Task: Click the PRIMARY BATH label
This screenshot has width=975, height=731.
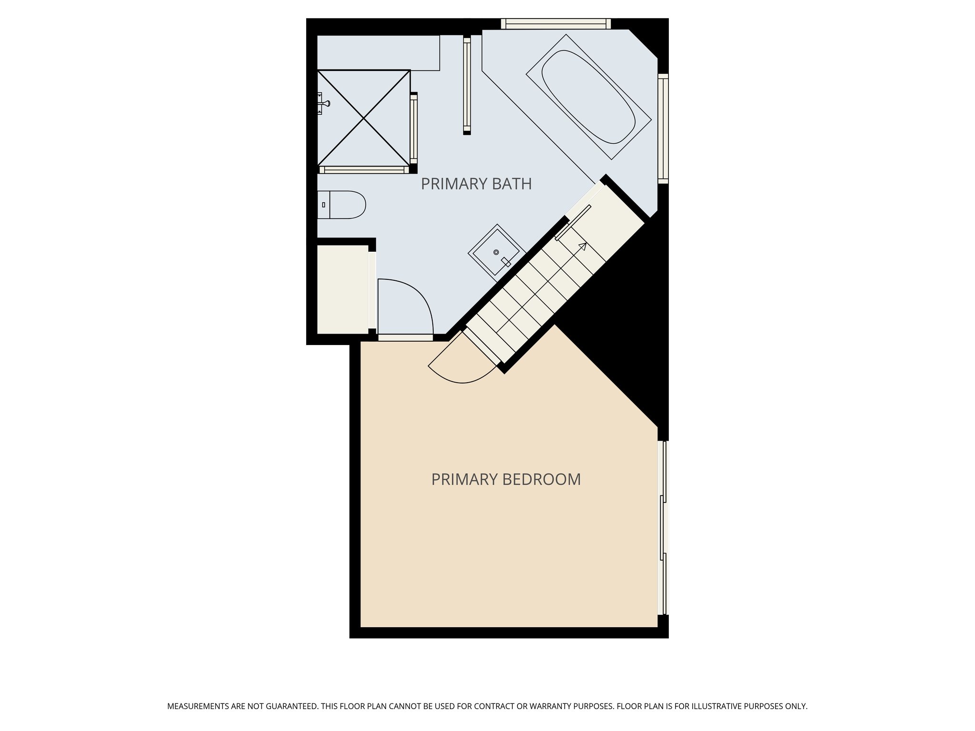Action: [476, 184]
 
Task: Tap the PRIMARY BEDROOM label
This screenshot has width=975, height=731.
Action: [506, 479]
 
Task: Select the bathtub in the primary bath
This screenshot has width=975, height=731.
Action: [588, 97]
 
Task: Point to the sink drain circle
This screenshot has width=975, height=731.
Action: [496, 252]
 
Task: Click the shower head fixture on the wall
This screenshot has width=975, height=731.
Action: [326, 103]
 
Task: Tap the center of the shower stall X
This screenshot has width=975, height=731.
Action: [364, 118]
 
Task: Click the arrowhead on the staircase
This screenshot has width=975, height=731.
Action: [583, 246]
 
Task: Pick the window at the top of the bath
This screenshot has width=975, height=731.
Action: [556, 24]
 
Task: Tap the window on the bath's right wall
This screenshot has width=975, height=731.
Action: [663, 128]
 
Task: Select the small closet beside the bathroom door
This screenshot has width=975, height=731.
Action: [342, 289]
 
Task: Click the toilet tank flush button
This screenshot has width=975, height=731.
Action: [324, 205]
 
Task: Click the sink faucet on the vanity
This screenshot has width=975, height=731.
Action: [506, 262]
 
